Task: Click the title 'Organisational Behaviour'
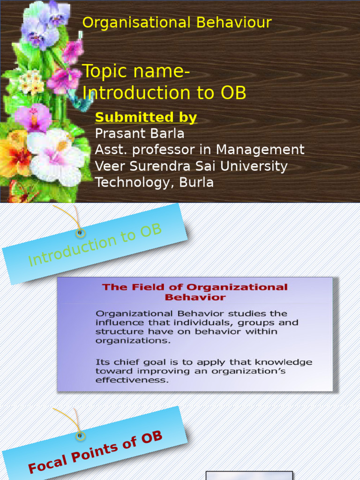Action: pos(177,22)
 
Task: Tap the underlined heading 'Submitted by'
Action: pos(146,117)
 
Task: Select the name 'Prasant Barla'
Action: pos(140,134)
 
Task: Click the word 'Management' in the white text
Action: pos(260,150)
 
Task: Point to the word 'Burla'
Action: pos(196,182)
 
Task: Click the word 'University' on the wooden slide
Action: pos(254,166)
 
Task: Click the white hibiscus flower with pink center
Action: pos(57,156)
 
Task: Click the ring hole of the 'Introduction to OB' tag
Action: pos(80,233)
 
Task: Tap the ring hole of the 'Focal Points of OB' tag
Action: pos(80,435)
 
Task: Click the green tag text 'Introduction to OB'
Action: pos(95,245)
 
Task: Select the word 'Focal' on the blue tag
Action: pos(48,463)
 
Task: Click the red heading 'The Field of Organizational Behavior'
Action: pos(195,292)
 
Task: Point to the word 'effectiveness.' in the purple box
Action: pos(132,380)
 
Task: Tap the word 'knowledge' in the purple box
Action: pos(284,362)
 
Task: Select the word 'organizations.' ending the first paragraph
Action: pos(133,341)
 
